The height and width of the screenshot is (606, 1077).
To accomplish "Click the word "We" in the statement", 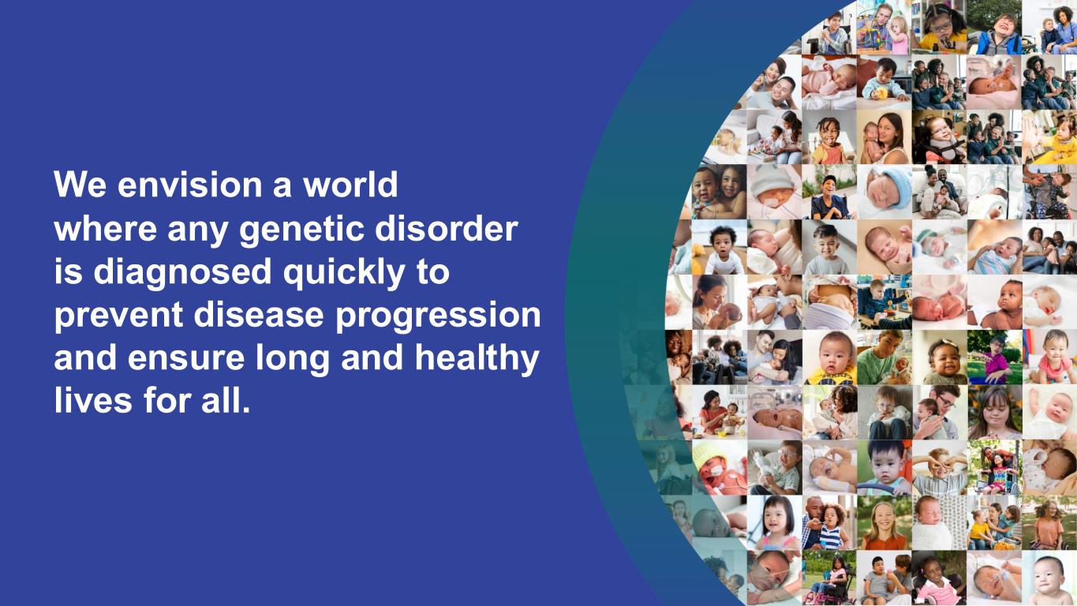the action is [x=80, y=184].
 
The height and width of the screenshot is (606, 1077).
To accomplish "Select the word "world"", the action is [x=350, y=184].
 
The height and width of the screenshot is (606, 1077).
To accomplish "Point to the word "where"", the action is [x=105, y=228].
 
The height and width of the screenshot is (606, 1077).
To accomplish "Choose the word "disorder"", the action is [x=447, y=228].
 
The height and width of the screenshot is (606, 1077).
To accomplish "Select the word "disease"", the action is [x=259, y=314].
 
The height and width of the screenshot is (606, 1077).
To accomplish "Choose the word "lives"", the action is [x=93, y=400].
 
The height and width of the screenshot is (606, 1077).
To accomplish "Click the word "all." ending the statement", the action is [x=226, y=400].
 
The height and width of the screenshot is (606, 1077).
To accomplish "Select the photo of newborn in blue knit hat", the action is [x=884, y=192].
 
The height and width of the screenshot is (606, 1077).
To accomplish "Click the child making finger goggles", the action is [x=939, y=467].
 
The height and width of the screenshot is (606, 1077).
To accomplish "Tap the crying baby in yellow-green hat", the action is [x=720, y=467].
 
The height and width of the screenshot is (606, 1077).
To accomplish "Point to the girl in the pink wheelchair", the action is [x=829, y=578].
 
